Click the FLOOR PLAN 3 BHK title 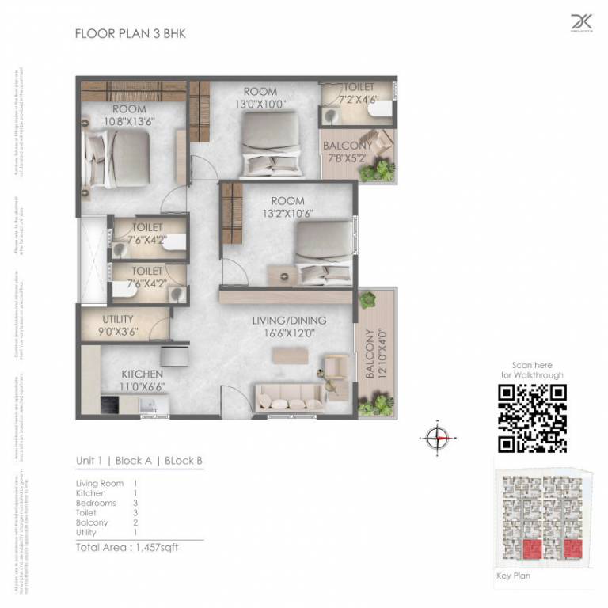coord(130,33)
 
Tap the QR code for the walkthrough coord(532,418)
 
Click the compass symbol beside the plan coord(436,437)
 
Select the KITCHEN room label coord(142,374)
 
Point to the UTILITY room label coord(117,319)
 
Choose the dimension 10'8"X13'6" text coord(129,121)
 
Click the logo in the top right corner coord(581,25)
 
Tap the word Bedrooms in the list coord(96,503)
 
